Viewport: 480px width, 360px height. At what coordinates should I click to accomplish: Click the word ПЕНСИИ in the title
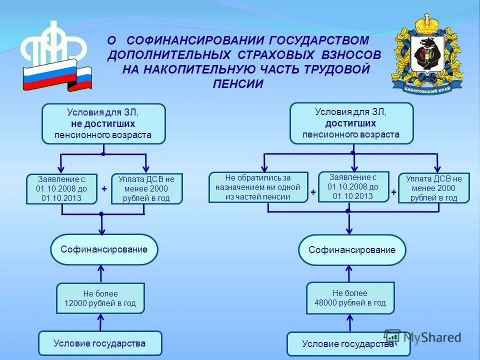pos(238,84)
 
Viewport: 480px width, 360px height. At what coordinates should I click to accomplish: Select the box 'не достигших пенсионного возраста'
pos(103,123)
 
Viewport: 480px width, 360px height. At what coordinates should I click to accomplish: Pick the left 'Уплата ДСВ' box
pos(146,188)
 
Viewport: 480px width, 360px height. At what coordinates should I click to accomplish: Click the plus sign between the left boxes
pos(104,189)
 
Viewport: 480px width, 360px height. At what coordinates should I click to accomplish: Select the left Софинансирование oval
pos(104,249)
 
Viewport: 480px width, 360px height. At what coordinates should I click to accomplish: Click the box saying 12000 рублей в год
pos(100,298)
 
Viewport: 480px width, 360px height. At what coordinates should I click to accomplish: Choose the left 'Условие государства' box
pos(100,343)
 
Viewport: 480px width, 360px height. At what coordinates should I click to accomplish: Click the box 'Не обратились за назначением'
pos(258,187)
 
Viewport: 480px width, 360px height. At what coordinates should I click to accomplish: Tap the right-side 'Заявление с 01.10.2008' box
pos(353,186)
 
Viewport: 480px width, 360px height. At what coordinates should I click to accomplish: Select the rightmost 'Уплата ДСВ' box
pos(433,188)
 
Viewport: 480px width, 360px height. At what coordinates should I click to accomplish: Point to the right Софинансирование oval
pos(352,250)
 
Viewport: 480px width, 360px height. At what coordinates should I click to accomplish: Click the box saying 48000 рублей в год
pos(350,298)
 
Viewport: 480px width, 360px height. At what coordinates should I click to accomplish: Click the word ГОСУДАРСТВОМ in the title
pos(319,40)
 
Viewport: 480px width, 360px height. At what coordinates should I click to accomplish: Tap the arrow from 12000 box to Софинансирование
pos(101,273)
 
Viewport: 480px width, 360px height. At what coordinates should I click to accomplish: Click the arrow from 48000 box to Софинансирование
pos(349,273)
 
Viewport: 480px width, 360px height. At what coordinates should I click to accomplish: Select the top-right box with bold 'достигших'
pos(352,123)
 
